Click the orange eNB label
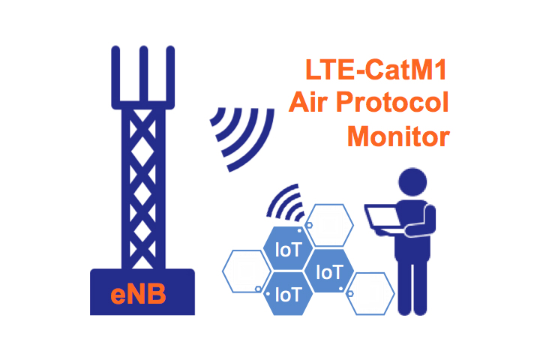click(138, 295)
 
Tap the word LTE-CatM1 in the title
click(376, 70)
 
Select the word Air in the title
click(308, 102)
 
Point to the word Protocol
click(392, 102)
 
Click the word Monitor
click(398, 136)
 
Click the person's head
click(412, 182)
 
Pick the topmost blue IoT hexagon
click(288, 248)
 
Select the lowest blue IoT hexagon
click(288, 294)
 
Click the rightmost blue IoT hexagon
click(329, 271)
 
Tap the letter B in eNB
click(157, 295)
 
